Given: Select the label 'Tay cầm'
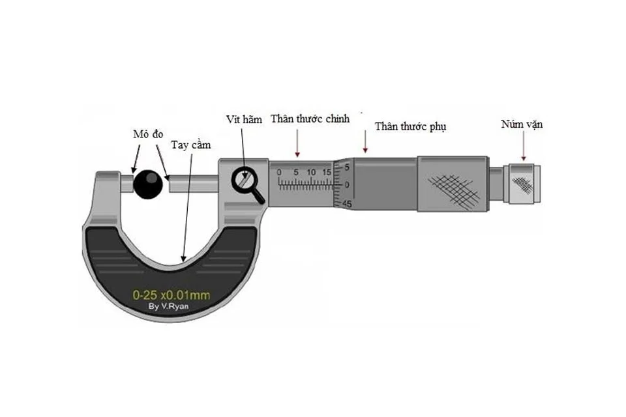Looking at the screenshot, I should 191,145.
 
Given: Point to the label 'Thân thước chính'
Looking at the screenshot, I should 310,119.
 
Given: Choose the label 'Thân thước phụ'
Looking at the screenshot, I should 410,126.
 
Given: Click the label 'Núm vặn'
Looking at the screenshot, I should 522,124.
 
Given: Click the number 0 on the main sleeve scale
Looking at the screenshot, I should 279,172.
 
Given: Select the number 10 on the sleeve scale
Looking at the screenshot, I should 312,172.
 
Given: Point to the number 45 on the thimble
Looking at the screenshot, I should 347,205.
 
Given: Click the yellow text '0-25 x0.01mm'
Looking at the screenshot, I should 171,295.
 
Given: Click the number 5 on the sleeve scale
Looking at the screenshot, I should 296,172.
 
